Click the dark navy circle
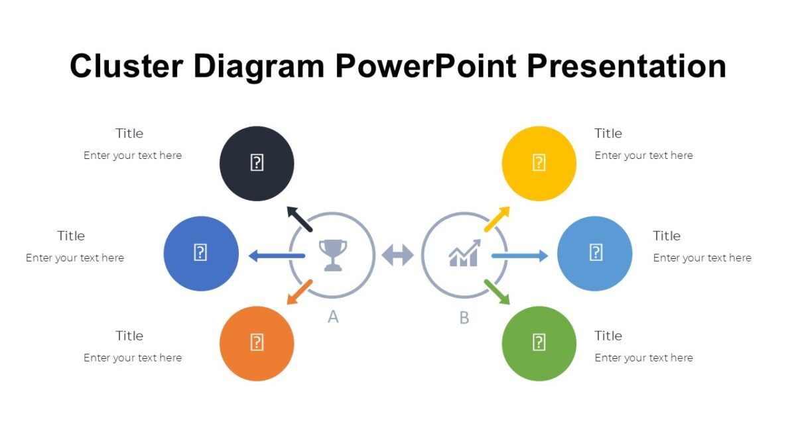pos(257,164)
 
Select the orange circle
pos(257,343)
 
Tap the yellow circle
pos(539,164)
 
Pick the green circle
pos(539,343)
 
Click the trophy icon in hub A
pos(332,255)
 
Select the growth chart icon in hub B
pos(464,254)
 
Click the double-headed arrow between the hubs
pos(398,255)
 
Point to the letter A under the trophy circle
pos(333,317)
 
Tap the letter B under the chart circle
pos(464,318)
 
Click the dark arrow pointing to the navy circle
pos(299,219)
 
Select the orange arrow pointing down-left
pos(299,292)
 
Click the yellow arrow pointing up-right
pos(497,219)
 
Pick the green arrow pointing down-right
pos(497,292)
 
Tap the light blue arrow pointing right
pos(519,256)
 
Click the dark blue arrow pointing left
pos(277,256)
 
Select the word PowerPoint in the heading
pos(425,67)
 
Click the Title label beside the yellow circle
pos(608,134)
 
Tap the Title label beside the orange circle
pos(129,336)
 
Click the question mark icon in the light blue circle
pos(596,252)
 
